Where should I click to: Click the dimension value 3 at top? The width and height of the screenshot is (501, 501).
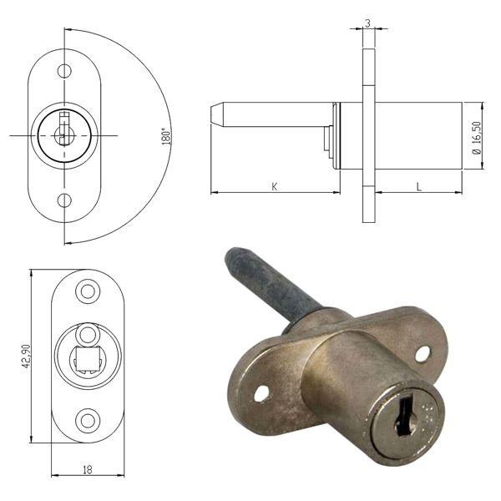368,23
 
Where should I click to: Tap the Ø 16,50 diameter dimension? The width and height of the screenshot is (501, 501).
476,136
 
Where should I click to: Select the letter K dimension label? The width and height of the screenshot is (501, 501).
274,186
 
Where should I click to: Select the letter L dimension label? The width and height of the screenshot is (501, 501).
418,186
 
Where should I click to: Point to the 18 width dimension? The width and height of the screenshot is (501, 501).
87,469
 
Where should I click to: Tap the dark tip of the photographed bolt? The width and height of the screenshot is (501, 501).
237,256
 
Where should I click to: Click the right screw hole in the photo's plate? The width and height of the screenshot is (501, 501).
423,354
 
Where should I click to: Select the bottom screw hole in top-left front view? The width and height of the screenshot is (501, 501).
64,200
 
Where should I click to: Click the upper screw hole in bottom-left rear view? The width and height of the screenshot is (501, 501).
88,292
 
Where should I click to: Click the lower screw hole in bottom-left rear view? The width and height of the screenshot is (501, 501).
88,420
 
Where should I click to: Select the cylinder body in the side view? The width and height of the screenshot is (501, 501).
417,136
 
